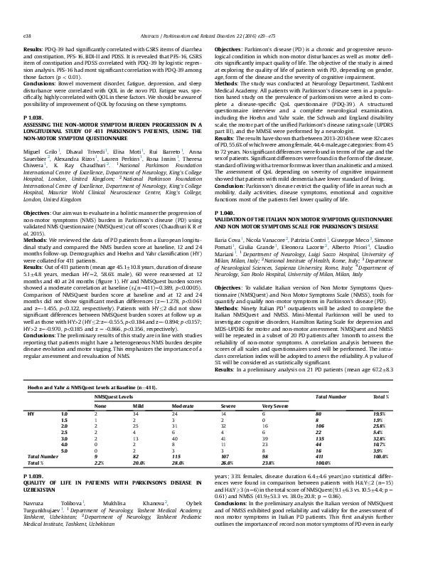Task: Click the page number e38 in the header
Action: (x=28, y=14)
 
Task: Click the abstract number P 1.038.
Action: (x=35, y=116)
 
